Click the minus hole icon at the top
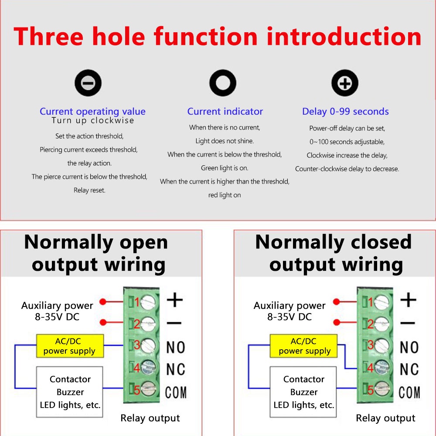88,83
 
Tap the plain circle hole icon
223,83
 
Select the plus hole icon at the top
344,83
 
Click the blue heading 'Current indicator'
225,112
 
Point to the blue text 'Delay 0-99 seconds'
345,112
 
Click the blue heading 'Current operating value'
92,112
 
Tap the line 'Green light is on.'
225,168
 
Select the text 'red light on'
225,195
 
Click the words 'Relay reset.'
89,190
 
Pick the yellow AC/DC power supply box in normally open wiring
70,346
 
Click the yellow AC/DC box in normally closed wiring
304,346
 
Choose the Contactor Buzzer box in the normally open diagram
70,392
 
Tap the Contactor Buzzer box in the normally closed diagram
304,392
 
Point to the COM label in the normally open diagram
176,392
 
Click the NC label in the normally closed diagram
409,369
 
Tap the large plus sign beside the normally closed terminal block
408,300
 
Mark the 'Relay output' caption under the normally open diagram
150,418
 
